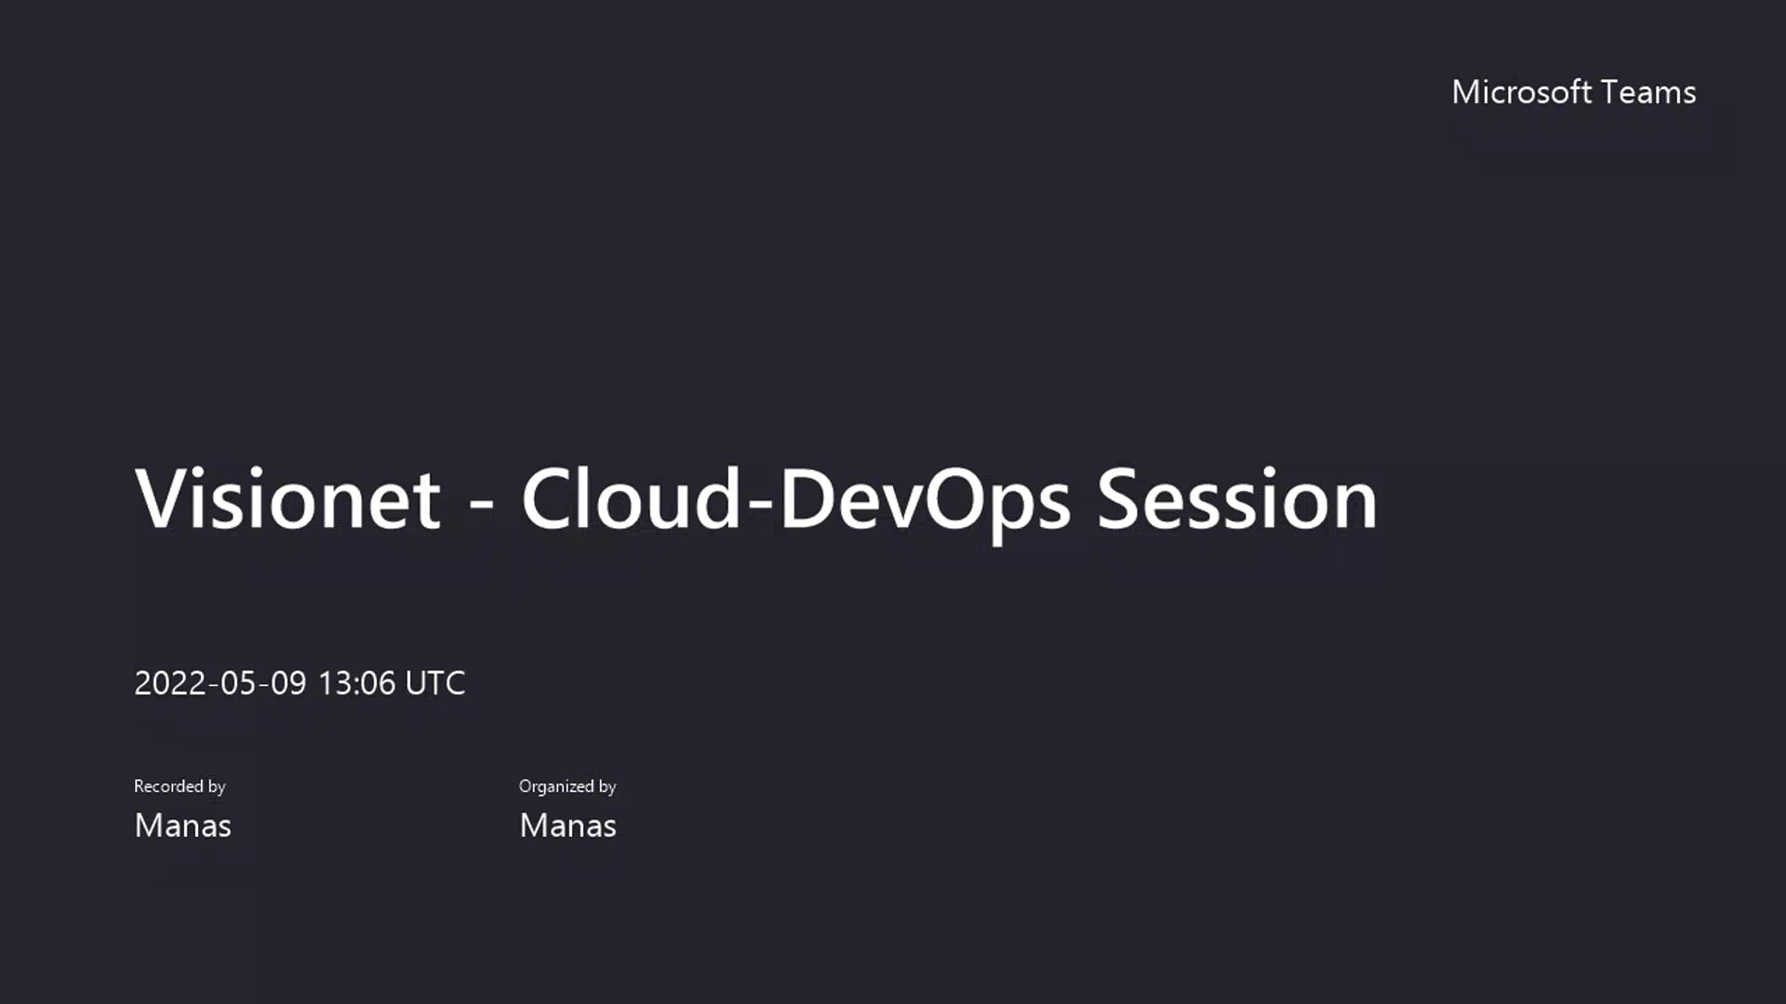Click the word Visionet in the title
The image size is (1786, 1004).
click(x=287, y=500)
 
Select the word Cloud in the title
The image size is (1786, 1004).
click(x=631, y=500)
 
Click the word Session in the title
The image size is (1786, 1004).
click(x=1237, y=500)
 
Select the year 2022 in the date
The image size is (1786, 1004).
click(x=170, y=683)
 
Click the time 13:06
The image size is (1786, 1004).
click(x=357, y=683)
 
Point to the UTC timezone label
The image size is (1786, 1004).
click(x=435, y=683)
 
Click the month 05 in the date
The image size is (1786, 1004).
click(x=238, y=683)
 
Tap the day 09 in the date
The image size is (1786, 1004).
click(x=288, y=683)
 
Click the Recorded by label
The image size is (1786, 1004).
click(x=180, y=786)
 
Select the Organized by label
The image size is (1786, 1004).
click(x=567, y=786)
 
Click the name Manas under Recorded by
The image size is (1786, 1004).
click(x=182, y=826)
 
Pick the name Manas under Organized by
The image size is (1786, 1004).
click(x=567, y=826)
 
